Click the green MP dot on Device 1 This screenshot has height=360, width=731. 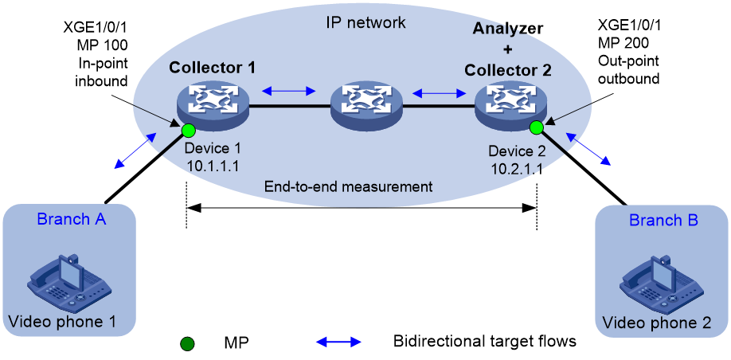tap(188, 129)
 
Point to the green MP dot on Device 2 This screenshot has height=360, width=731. tap(536, 127)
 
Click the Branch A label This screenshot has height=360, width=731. tap(72, 219)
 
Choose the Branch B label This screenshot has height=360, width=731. tap(664, 220)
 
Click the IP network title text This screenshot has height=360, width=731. tap(366, 22)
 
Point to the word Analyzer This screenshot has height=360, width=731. tap(508, 29)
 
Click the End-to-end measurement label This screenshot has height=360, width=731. tap(349, 187)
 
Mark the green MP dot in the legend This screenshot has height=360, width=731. tap(187, 344)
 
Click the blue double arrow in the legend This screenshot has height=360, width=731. tap(339, 342)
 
